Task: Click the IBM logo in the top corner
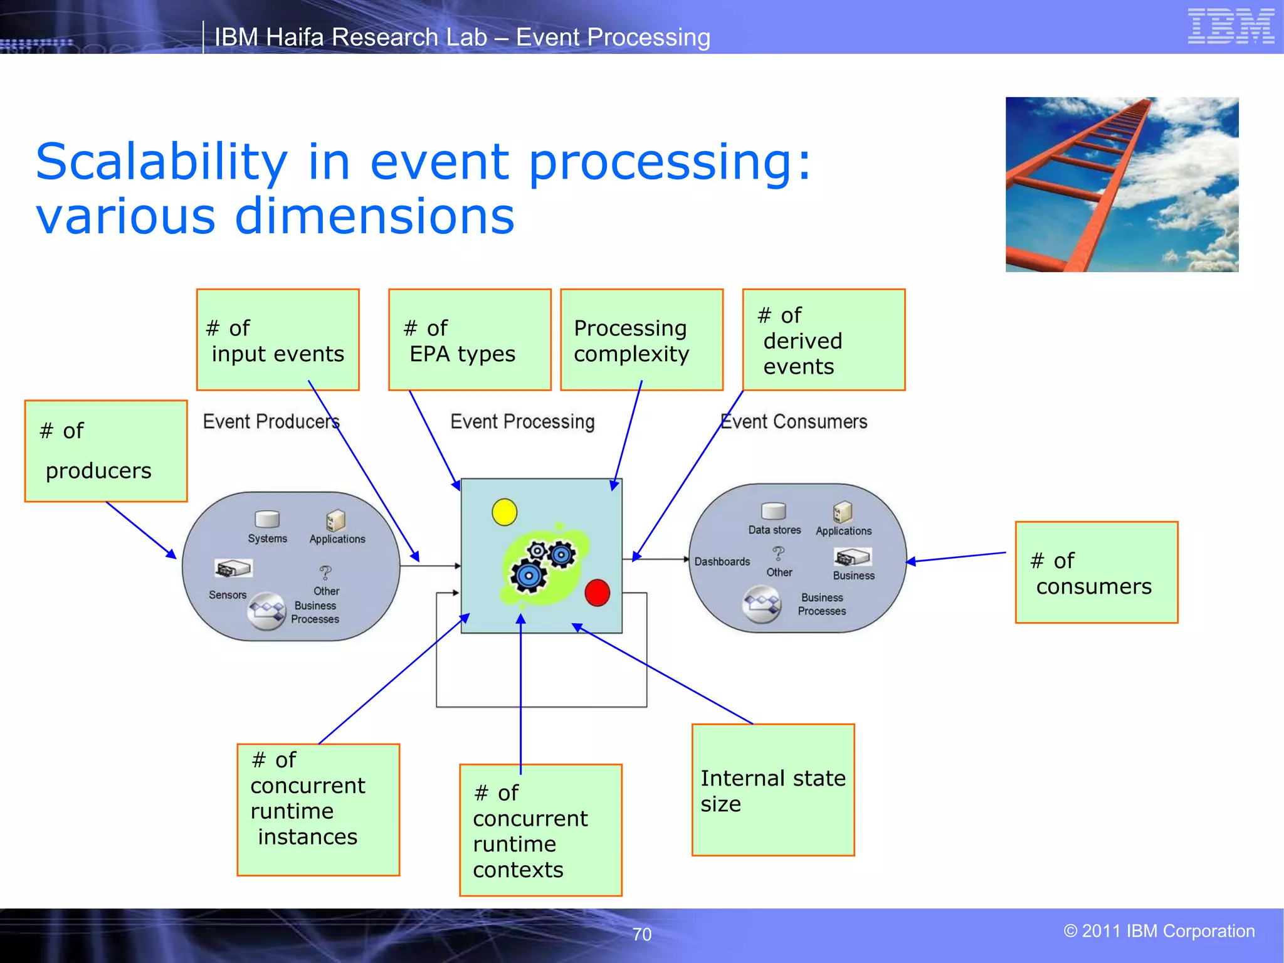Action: click(1231, 26)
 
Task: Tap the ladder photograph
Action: click(1122, 184)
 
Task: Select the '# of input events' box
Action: click(278, 340)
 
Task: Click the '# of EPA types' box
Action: click(470, 340)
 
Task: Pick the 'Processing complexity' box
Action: click(641, 340)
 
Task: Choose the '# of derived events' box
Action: click(824, 340)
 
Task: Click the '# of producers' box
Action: click(106, 451)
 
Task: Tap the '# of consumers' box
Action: click(1097, 572)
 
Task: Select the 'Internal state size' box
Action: click(773, 790)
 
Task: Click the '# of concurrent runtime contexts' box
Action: click(540, 830)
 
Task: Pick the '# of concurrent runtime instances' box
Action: click(318, 809)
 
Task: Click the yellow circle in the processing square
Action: click(505, 512)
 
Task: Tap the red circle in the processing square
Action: click(597, 592)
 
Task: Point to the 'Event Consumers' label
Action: click(794, 422)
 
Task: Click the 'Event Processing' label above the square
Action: click(522, 422)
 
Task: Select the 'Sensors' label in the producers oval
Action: click(228, 595)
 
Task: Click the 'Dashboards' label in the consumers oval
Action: click(722, 562)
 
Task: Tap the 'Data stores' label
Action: click(774, 530)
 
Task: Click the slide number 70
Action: click(642, 934)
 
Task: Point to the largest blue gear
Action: click(528, 576)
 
